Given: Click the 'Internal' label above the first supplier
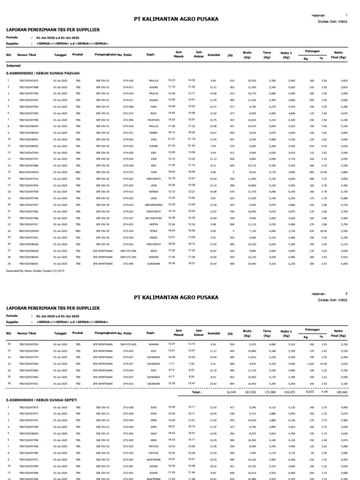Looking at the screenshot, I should (x=13, y=66).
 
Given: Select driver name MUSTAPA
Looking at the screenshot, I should (x=154, y=120).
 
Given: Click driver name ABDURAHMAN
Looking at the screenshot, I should (x=154, y=205).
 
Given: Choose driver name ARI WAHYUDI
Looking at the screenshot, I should (x=154, y=218).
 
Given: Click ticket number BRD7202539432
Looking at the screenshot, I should (x=29, y=172).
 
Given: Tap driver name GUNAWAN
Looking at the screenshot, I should (x=154, y=264).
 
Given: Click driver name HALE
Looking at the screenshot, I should (x=154, y=434).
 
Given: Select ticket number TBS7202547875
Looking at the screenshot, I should (x=29, y=81).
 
